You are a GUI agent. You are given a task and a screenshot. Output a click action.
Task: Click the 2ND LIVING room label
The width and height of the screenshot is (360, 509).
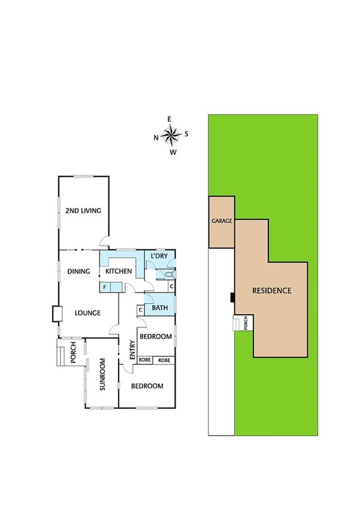[x=83, y=211]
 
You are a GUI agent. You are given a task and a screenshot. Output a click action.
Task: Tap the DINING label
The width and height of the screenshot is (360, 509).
[x=78, y=272]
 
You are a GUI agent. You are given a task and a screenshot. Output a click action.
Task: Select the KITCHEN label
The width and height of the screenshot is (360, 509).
[x=119, y=272]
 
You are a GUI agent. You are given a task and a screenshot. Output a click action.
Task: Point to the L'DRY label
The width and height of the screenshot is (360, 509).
[x=159, y=257]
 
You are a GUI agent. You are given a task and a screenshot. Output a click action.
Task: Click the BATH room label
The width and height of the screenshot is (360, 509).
[x=159, y=308]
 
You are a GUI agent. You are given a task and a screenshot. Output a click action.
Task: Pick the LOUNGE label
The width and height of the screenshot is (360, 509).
[x=87, y=313]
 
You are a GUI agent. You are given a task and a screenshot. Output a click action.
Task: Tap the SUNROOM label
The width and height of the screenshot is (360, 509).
[x=102, y=375]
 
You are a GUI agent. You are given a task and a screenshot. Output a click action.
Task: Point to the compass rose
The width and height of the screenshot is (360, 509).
[x=172, y=135]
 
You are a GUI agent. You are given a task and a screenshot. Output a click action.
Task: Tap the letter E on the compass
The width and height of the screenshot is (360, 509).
[x=170, y=119]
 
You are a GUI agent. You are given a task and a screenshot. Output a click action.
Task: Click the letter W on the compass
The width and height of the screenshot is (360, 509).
[x=173, y=152]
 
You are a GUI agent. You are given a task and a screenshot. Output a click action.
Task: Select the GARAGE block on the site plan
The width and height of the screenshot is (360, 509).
[x=221, y=221]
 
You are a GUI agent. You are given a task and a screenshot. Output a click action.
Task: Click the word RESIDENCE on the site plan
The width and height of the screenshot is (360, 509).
[x=271, y=291]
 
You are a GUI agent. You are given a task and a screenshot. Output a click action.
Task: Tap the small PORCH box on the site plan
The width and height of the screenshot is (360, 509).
[x=245, y=323]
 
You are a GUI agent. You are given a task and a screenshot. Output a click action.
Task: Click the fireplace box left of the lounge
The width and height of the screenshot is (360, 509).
[x=58, y=314]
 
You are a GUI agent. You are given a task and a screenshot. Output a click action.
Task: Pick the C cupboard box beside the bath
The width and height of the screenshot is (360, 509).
[x=140, y=310]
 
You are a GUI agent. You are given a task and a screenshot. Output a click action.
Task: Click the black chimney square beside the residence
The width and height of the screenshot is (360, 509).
[x=232, y=296]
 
